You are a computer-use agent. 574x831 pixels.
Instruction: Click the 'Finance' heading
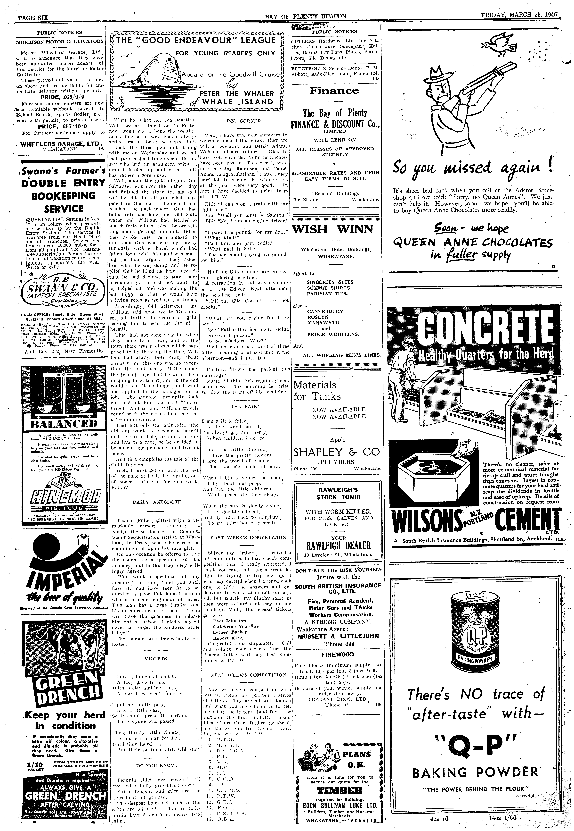pyautogui.click(x=334, y=91)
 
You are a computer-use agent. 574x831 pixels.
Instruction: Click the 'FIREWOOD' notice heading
pyautogui.click(x=338, y=654)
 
